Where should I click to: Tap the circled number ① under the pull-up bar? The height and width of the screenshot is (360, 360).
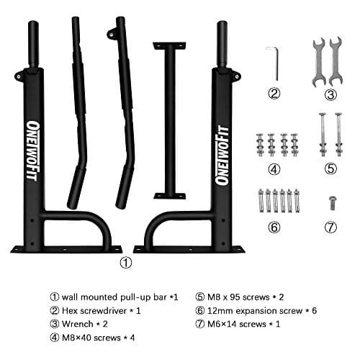point(127,263)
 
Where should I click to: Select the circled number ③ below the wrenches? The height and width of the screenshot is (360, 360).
point(330,94)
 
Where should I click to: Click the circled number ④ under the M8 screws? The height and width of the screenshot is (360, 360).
point(273,170)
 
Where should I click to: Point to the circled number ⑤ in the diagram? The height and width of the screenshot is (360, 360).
point(330,170)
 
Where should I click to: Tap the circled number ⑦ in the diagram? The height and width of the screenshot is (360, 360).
point(330,227)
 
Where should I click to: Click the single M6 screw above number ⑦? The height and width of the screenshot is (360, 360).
point(330,202)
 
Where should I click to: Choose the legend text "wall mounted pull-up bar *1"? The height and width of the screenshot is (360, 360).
point(112,296)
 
